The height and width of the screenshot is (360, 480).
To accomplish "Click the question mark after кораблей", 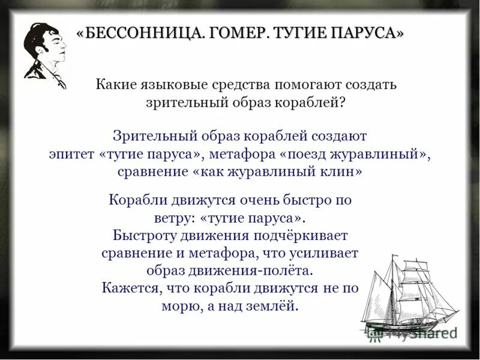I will [x=341, y=102].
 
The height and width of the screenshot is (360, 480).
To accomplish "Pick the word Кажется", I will [x=131, y=287].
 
